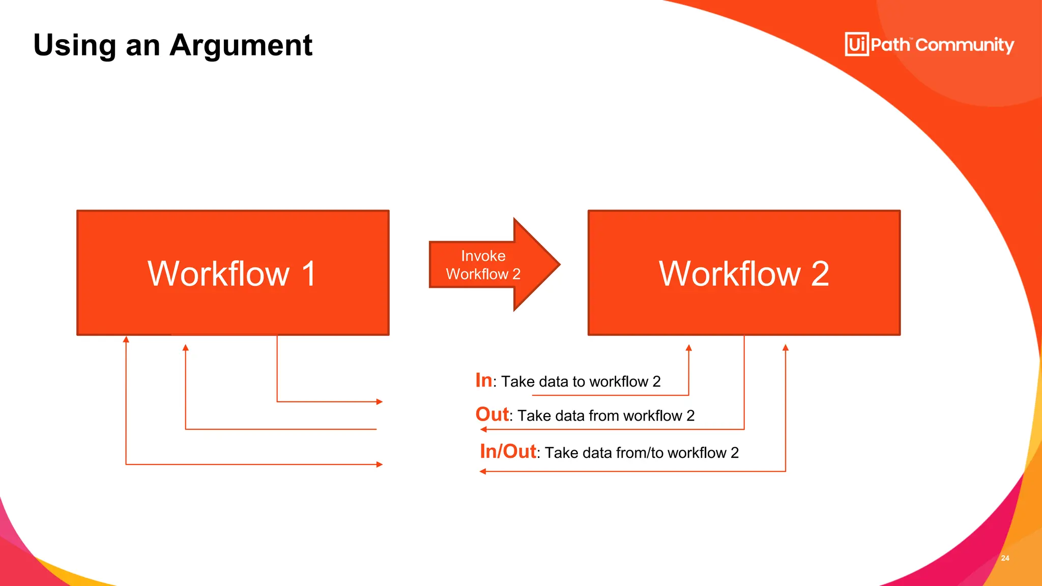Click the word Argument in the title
tap(241, 45)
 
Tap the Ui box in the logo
tap(856, 44)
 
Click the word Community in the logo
tap(965, 45)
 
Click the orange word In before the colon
tap(483, 380)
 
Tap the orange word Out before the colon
tap(491, 414)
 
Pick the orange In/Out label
tap(507, 451)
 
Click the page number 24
tap(1005, 558)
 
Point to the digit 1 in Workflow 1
tap(308, 274)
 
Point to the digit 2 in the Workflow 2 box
tap(820, 274)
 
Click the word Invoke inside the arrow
tap(483, 255)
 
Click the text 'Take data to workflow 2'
tap(581, 382)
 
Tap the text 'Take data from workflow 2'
tap(605, 416)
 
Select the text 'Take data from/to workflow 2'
tap(641, 453)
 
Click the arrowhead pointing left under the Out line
tap(483, 429)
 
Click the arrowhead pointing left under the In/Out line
tap(482, 472)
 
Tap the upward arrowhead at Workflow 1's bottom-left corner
tap(126, 339)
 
